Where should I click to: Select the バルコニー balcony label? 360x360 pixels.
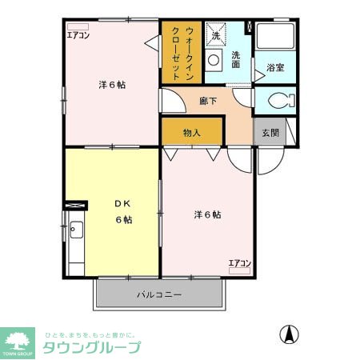[x=158, y=295]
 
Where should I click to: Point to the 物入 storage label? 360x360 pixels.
[x=192, y=133]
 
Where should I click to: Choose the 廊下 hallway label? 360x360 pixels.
[x=209, y=102]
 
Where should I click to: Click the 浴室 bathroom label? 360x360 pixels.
[x=275, y=68]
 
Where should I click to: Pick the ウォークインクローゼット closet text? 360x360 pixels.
[x=182, y=53]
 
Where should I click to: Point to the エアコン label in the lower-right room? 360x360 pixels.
[x=239, y=263]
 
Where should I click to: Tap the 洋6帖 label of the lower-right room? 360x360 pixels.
[x=207, y=214]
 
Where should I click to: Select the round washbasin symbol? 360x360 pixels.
[x=214, y=59]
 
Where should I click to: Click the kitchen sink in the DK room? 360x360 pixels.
[x=75, y=231]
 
